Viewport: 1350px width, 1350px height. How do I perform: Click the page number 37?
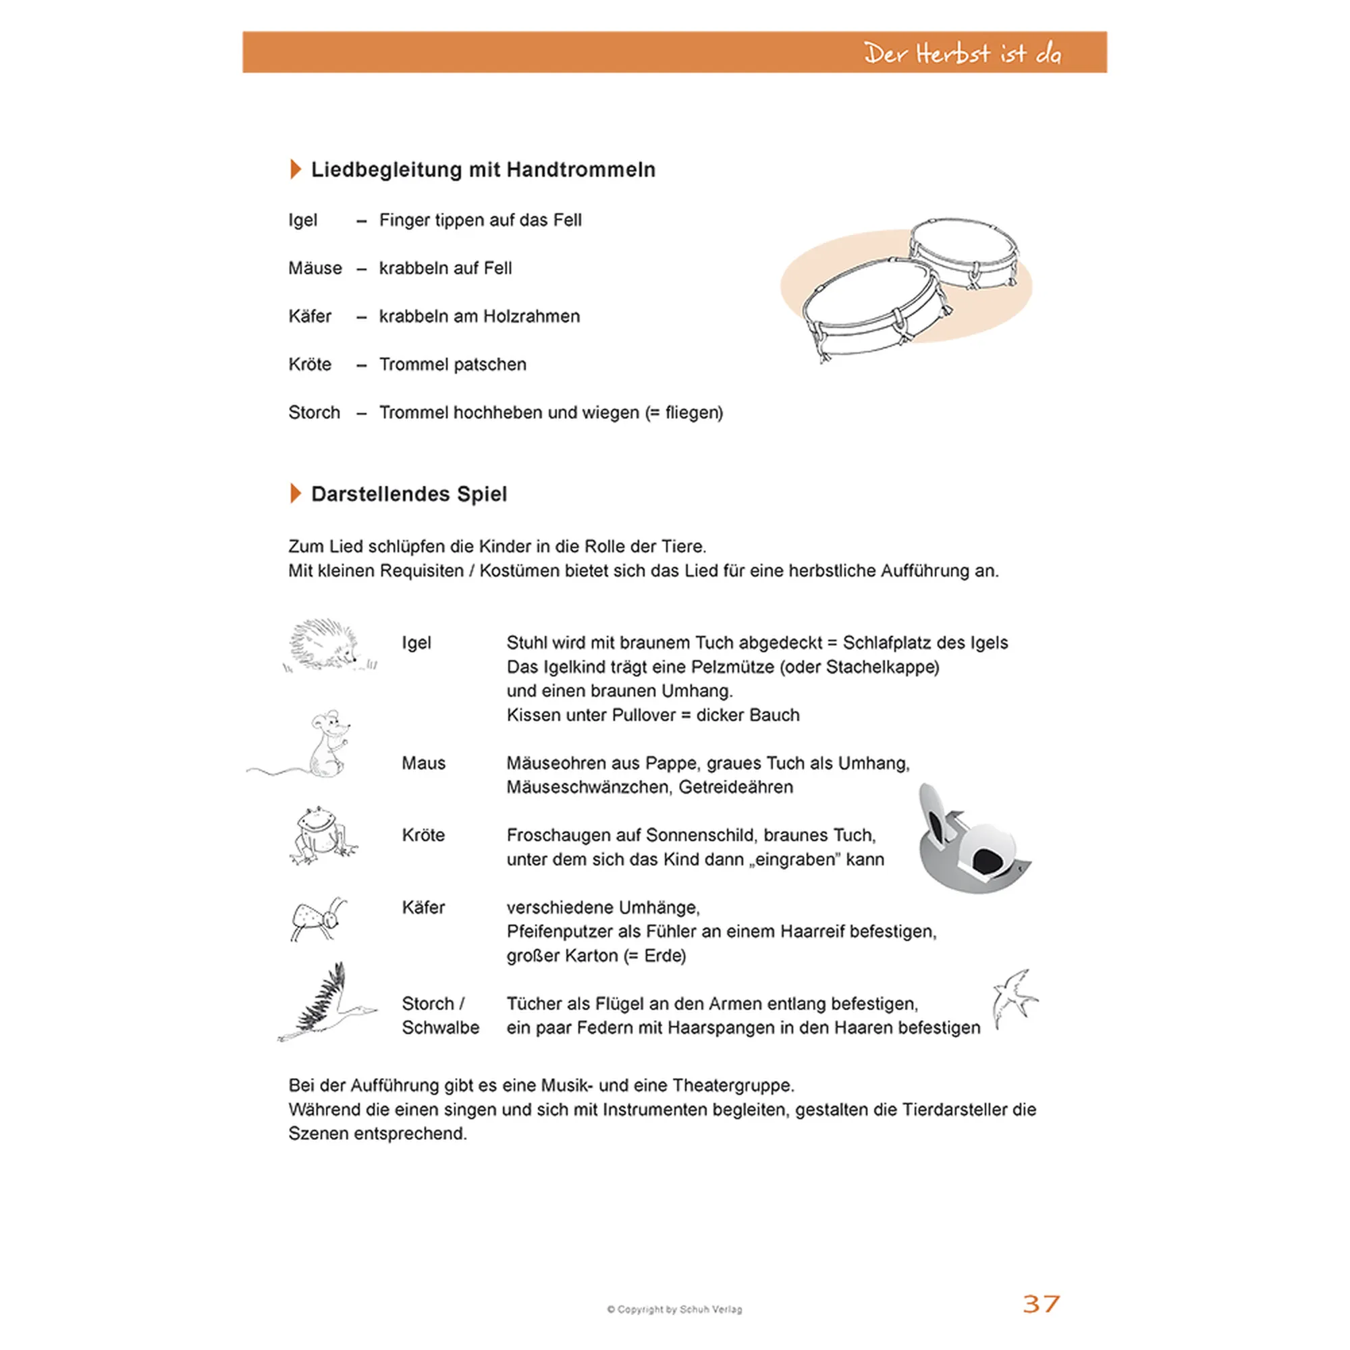click(1040, 1303)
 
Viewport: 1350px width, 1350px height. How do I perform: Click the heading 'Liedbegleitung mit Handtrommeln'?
click(483, 170)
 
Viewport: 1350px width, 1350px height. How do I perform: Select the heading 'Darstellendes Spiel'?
click(409, 494)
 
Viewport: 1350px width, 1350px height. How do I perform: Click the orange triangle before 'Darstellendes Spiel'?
click(296, 493)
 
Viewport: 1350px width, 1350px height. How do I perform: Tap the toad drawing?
click(321, 834)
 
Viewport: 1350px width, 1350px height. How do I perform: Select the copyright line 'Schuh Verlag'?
click(711, 1309)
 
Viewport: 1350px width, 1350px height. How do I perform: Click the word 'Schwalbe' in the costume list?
click(440, 1028)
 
